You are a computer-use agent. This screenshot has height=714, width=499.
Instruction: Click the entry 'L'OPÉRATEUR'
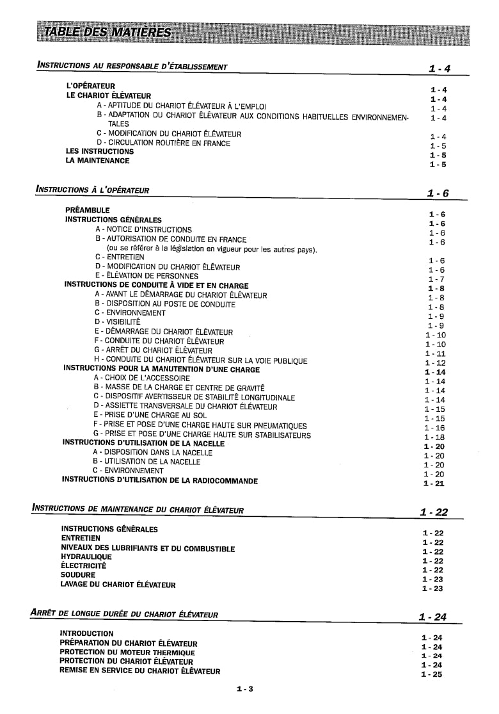91,86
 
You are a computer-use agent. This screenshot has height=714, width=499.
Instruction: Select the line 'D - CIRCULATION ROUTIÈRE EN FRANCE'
163,143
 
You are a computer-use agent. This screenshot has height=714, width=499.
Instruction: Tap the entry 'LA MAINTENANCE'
97,161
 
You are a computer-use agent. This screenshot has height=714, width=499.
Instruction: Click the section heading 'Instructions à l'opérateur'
93,190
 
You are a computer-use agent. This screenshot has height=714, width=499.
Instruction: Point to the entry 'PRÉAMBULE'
88,210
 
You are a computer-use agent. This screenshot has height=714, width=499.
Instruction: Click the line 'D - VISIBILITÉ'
117,322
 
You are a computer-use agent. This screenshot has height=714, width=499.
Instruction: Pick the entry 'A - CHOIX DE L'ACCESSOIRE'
141,378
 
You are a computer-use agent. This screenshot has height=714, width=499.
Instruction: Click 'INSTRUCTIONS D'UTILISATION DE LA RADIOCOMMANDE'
159,480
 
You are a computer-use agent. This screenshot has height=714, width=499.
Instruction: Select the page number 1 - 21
434,483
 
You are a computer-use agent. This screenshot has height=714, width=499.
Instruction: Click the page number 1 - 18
434,437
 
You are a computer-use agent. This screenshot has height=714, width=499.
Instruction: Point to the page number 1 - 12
435,363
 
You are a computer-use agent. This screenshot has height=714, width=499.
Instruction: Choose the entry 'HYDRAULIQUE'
86,557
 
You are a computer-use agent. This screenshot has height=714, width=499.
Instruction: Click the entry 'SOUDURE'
77,575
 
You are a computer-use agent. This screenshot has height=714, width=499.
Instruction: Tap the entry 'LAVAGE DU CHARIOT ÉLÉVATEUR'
118,585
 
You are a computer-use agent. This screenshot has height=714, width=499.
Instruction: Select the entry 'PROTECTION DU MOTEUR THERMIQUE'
127,652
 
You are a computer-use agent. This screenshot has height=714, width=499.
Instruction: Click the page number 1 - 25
432,674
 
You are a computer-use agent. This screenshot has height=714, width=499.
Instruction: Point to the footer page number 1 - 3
244,689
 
